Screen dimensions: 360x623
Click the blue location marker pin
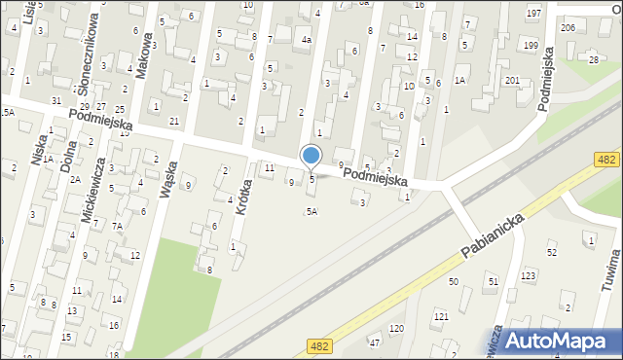[311, 157]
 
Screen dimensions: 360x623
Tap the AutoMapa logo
[561, 341]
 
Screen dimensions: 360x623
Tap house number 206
[568, 28]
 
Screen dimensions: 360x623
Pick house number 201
[512, 80]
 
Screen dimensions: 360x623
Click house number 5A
[311, 211]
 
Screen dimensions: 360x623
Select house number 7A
[117, 226]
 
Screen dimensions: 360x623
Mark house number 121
[441, 317]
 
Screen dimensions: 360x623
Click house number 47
[375, 342]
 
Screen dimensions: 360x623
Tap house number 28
[594, 60]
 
